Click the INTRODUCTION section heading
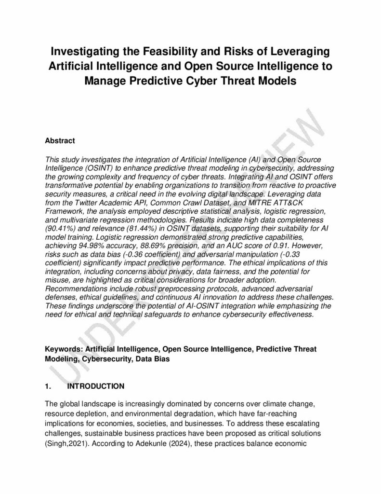[x=96, y=387]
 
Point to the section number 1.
[x=47, y=387]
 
